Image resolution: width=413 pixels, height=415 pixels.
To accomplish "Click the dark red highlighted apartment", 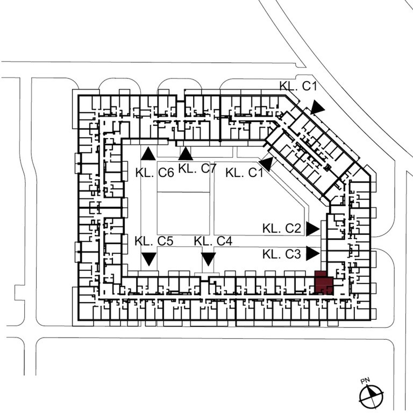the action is point(324,283).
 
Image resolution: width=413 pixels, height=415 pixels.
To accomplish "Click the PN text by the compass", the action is point(365,381).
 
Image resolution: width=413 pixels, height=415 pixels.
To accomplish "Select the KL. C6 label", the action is point(155,173).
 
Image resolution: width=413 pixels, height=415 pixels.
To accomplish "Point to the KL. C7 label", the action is point(197,169).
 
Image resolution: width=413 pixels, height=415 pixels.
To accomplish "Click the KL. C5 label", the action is point(154,241).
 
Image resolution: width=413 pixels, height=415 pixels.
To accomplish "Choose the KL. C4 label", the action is point(213,241).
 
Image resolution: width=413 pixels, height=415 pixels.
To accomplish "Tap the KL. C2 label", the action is point(282,228).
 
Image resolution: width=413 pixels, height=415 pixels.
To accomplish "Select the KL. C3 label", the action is point(282,254).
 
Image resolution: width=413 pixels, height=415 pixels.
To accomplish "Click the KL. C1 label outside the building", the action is point(298,86).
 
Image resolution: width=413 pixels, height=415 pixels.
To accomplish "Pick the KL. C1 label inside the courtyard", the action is point(244,173).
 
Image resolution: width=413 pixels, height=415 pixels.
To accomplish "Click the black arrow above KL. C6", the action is point(148,154).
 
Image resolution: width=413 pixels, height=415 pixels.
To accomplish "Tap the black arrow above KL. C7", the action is point(186,154).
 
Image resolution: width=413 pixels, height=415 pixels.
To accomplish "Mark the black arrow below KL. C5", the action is point(149,259).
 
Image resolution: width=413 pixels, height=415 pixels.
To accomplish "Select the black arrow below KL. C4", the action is point(208,259).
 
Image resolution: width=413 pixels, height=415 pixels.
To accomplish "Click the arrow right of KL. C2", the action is point(312,229).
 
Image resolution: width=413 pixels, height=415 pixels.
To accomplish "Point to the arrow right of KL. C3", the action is point(312,254).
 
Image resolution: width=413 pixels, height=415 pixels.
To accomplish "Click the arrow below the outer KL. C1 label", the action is point(317,108).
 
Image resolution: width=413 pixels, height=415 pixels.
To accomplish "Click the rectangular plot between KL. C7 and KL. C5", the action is point(183,213).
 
